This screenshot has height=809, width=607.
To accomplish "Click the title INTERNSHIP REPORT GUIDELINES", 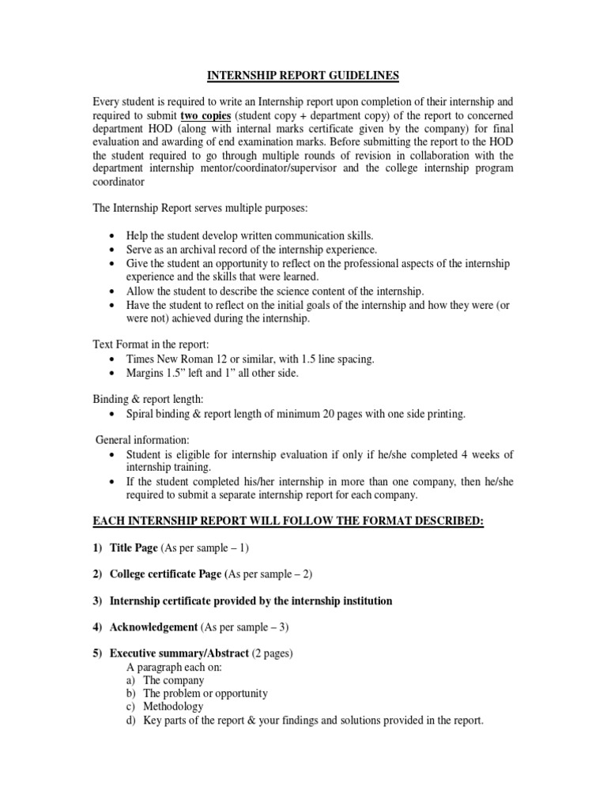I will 303,76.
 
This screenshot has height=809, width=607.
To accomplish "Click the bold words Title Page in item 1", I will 134,547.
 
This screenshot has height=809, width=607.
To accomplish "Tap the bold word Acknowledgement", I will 154,628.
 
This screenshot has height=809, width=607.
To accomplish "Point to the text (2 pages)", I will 278,654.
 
